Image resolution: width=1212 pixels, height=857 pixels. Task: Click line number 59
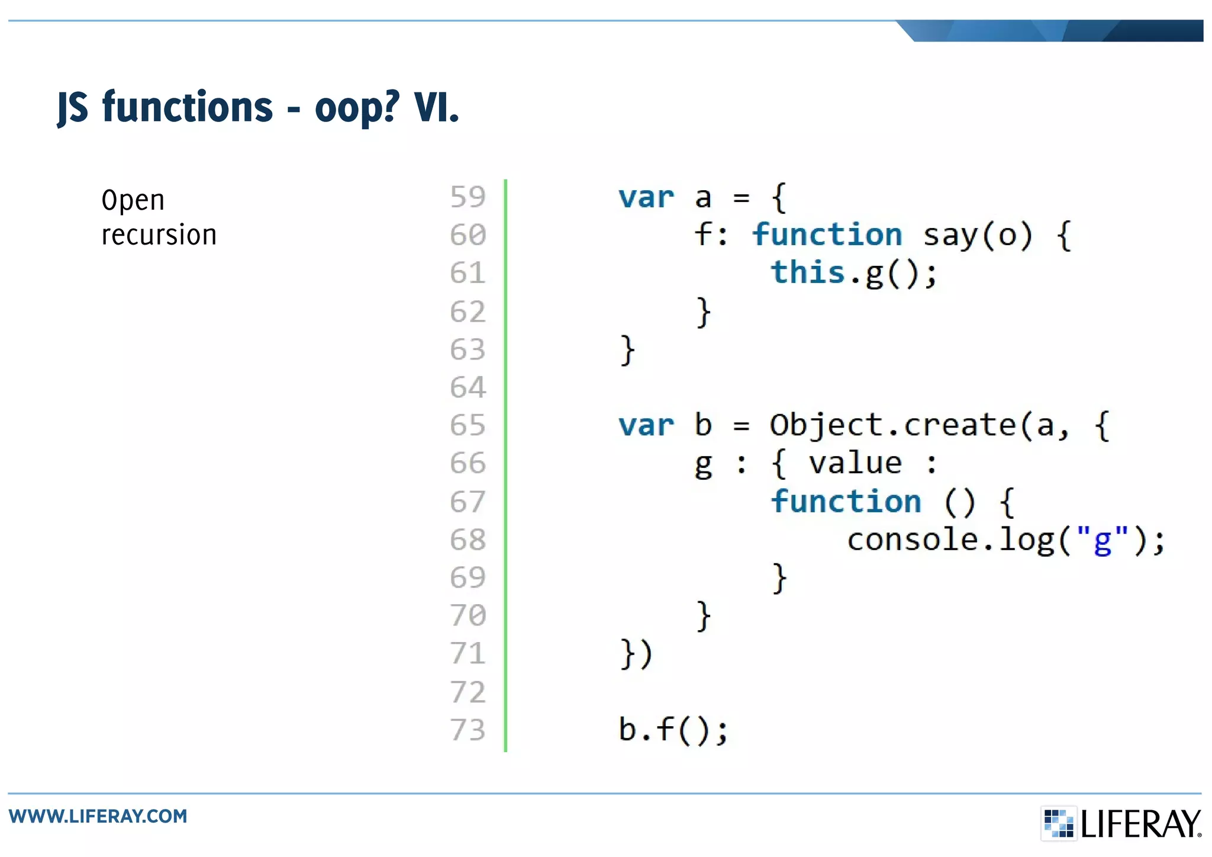(468, 197)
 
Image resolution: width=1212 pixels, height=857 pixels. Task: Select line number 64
(468, 388)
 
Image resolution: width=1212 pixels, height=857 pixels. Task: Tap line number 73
(468, 730)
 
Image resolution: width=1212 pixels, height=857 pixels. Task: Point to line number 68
(468, 540)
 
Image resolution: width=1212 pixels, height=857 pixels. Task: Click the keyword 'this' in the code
(807, 273)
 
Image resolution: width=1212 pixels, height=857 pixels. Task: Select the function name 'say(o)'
(978, 236)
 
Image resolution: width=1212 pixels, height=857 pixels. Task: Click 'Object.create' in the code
(892, 426)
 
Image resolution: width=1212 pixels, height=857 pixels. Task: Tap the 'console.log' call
(950, 540)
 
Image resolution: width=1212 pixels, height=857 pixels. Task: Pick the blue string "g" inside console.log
(1102, 540)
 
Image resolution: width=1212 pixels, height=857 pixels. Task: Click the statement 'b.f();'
(673, 730)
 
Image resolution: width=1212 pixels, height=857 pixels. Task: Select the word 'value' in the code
(855, 464)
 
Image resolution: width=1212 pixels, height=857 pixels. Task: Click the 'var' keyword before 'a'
(646, 197)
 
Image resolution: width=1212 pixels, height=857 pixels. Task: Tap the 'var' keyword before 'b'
(646, 426)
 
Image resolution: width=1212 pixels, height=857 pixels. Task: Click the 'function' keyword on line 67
(846, 502)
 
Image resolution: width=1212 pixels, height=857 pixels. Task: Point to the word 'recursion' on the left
(159, 235)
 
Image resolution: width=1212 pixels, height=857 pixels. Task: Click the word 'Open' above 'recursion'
(133, 200)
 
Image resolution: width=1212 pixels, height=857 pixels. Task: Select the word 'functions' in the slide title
(188, 107)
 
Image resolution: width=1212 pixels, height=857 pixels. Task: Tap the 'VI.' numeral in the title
(436, 107)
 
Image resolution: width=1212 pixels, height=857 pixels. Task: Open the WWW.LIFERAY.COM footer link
(98, 816)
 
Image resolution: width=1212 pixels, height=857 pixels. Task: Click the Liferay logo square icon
(1058, 823)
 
